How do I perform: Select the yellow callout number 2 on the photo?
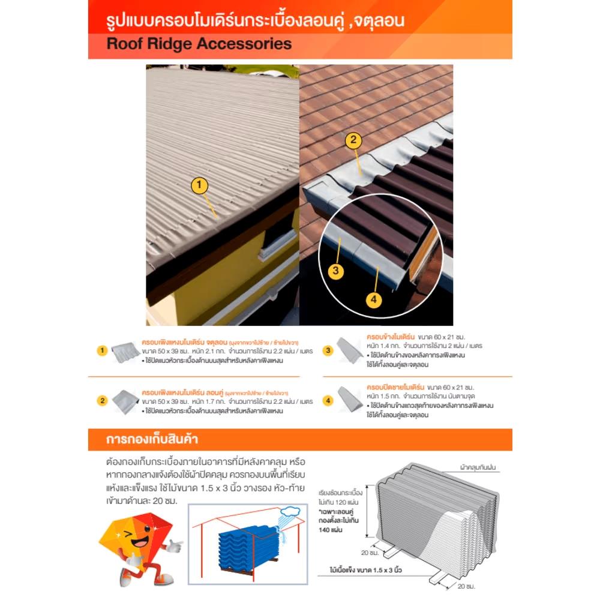coord(353,140)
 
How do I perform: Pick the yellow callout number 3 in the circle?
coord(336,271)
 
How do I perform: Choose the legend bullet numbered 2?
coord(103,400)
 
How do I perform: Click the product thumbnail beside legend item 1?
coord(125,352)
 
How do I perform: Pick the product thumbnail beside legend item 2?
coord(125,400)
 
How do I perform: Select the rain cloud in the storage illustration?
coord(289,511)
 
